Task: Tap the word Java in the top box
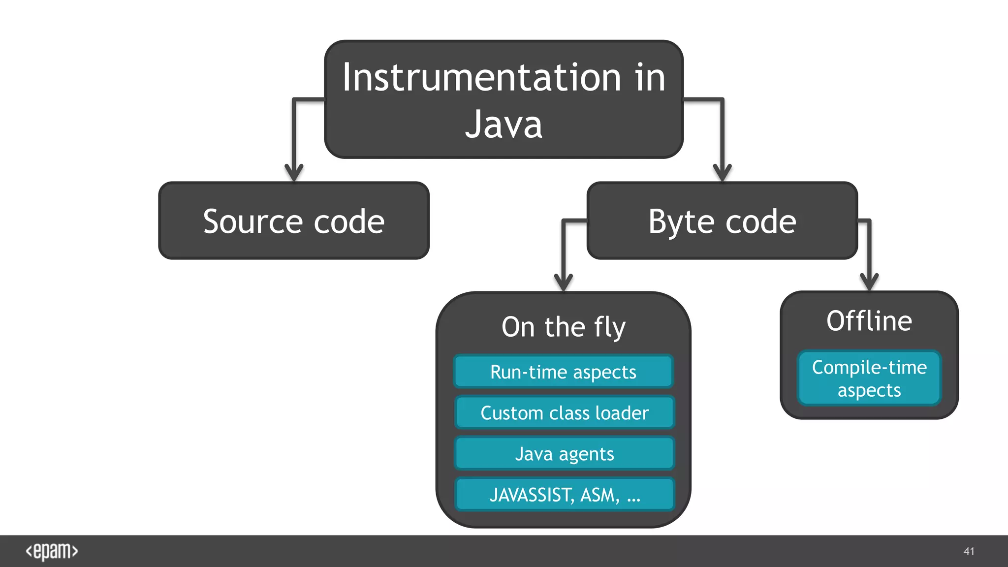[504, 125]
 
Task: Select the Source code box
[294, 221]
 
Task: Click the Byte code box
[722, 221]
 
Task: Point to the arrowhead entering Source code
[294, 173]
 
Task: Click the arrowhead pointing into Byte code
[722, 173]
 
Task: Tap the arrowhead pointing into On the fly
[564, 283]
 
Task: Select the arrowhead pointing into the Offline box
[869, 282]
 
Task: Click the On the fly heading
[564, 327]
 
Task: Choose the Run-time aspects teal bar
[564, 372]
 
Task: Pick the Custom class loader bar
[565, 413]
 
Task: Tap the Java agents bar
[565, 454]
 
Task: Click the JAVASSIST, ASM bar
[565, 495]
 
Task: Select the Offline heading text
[869, 321]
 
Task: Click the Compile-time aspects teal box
[869, 378]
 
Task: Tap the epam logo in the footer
[52, 551]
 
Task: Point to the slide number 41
[969, 551]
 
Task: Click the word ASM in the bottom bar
[599, 495]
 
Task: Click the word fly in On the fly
[610, 328]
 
